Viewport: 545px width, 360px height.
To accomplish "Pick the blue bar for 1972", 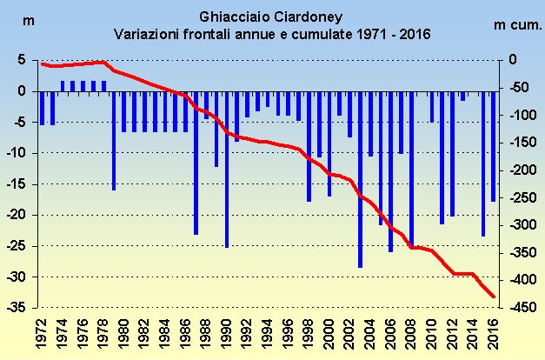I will (x=42, y=108).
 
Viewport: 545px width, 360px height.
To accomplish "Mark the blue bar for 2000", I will (x=329, y=143).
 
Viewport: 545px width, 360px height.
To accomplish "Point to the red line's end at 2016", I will (x=494, y=297).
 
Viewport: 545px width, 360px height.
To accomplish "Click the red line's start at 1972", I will (x=42, y=63).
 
